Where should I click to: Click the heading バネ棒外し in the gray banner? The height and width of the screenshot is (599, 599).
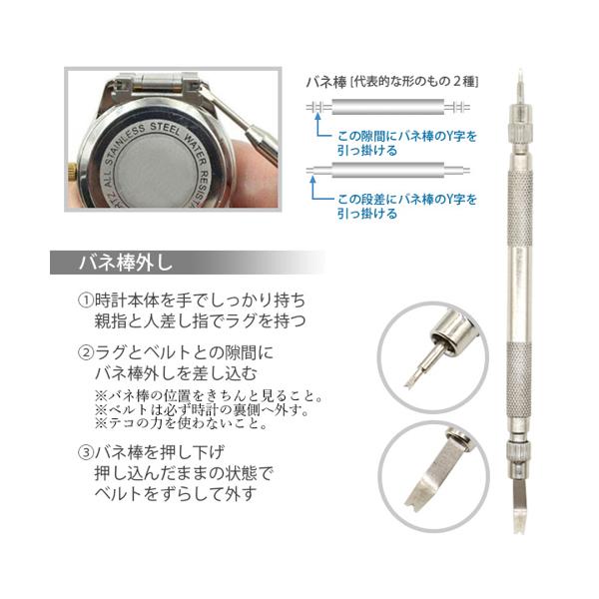[126, 263]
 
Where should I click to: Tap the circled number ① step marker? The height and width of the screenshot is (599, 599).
[86, 300]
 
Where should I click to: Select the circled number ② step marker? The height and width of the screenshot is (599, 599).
[86, 352]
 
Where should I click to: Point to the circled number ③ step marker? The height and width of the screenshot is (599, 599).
[86, 452]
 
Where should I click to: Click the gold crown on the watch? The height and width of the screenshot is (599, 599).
[72, 170]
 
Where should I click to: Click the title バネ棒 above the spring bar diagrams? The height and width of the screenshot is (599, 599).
[326, 83]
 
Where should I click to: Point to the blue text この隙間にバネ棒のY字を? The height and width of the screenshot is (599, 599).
[407, 137]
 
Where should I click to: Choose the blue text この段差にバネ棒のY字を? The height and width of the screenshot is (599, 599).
[407, 200]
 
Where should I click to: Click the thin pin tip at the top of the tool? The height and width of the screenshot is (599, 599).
[520, 83]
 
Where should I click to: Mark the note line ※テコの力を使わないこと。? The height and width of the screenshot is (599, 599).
[182, 424]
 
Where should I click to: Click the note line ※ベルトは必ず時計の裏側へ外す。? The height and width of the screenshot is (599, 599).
[203, 410]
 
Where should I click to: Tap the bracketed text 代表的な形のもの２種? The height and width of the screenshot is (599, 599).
[414, 82]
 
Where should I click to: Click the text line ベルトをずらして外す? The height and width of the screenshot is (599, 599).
[175, 494]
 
